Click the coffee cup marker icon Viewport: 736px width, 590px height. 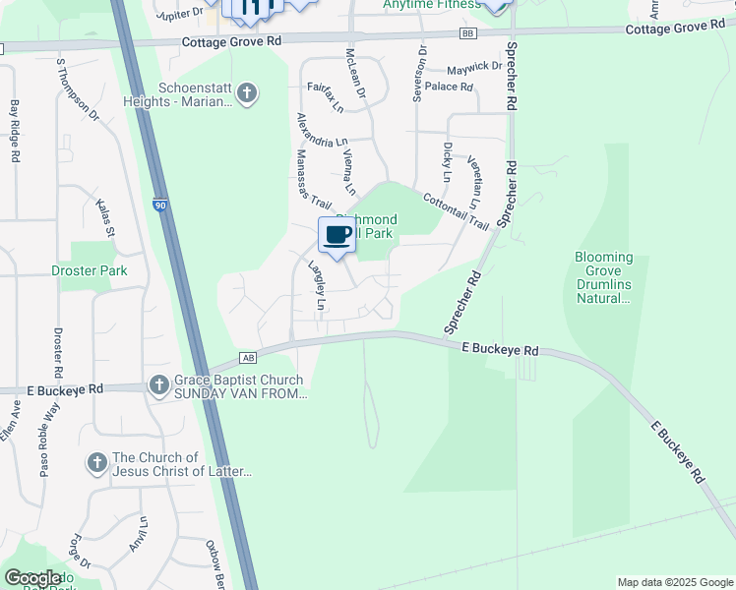coord(337,236)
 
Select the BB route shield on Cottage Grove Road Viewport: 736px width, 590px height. coord(466,33)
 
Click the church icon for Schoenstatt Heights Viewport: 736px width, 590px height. coord(246,94)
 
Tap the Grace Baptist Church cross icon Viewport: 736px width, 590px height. coord(159,384)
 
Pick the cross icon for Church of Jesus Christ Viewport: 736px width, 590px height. coord(96,461)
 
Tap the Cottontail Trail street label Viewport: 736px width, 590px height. coord(456,210)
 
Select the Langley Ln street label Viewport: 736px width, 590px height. coord(317,285)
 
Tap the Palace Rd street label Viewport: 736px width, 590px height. coord(450,87)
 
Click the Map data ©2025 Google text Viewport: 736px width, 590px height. coord(674,582)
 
